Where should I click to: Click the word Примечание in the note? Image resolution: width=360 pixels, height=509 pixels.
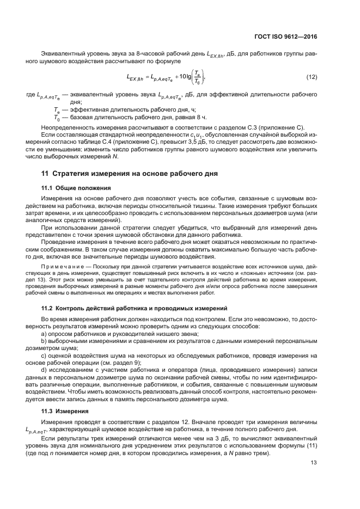pos(64,268)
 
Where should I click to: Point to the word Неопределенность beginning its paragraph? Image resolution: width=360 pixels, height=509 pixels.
pos(70,127)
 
